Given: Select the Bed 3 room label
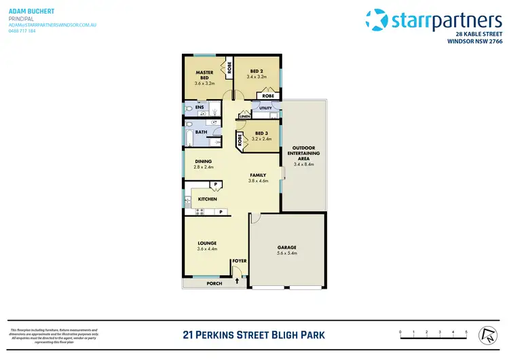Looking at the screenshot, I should click(x=261, y=133).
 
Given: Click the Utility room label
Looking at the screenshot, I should click(x=265, y=108).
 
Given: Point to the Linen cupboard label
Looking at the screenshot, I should click(x=244, y=116).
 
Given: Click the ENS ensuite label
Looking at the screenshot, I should click(x=200, y=107).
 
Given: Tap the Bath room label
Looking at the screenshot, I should click(x=202, y=132).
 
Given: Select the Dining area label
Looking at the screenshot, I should click(x=204, y=161).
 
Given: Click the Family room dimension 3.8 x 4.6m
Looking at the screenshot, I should click(x=258, y=181).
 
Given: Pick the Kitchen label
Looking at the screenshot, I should click(x=207, y=199).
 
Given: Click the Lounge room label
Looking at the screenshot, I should click(x=206, y=242).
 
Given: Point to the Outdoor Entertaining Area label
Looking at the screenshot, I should click(x=305, y=153).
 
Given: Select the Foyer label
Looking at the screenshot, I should click(x=239, y=260).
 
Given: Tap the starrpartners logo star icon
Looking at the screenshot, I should click(x=377, y=20).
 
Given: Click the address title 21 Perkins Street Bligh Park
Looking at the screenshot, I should click(x=254, y=334).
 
